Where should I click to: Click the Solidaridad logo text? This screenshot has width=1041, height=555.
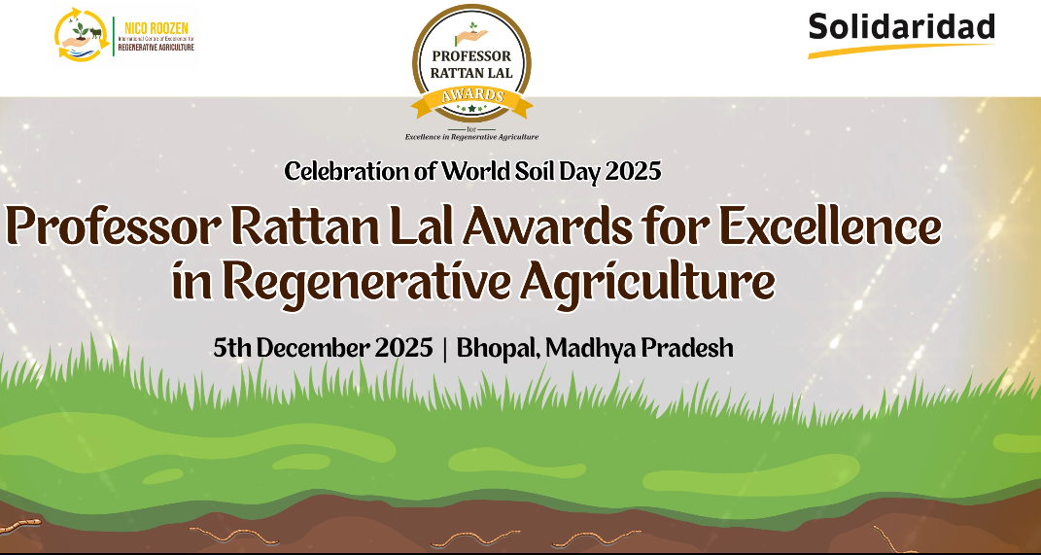click(x=901, y=25)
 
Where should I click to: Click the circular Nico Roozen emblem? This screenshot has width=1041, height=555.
click(x=81, y=35)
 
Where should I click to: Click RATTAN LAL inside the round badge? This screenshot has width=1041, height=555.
click(x=471, y=71)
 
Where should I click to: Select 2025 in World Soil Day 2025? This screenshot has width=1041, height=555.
click(x=633, y=172)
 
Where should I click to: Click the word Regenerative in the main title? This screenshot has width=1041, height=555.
click(x=366, y=282)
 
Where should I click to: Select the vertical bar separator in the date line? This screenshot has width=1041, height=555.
click(x=445, y=348)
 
